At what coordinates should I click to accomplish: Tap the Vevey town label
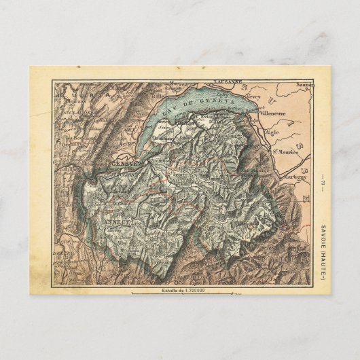[x=253, y=96]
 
